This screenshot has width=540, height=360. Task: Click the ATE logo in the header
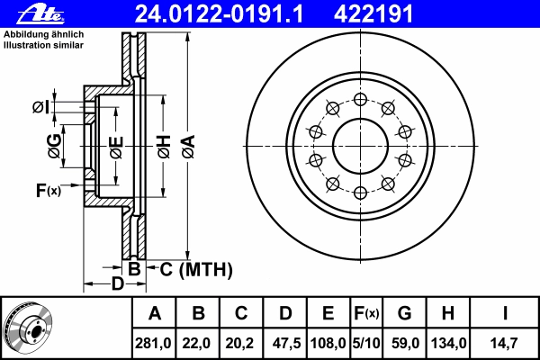(41, 14)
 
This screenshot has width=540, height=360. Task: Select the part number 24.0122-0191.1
(220, 14)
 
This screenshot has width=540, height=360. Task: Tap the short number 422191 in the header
(373, 14)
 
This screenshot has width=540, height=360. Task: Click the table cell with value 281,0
(154, 343)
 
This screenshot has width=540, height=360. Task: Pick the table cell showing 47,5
(285, 343)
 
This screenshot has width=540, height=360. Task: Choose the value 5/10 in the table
(366, 343)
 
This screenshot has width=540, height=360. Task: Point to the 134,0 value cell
(448, 343)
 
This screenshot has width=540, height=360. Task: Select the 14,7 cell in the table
(505, 343)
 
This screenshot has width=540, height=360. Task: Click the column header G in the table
(404, 313)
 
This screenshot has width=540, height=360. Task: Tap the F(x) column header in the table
(366, 313)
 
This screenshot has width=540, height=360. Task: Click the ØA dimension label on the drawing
(189, 147)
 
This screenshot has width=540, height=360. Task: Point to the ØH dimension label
(165, 147)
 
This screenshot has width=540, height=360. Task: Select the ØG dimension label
(54, 146)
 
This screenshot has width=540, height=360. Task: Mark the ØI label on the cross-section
(41, 107)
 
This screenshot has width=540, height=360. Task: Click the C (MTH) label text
(196, 269)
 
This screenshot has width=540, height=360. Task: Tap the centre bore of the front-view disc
(360, 146)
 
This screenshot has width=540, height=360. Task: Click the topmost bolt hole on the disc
(360, 100)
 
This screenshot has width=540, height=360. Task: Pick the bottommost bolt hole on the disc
(360, 193)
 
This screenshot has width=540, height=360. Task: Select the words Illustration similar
(44, 45)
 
